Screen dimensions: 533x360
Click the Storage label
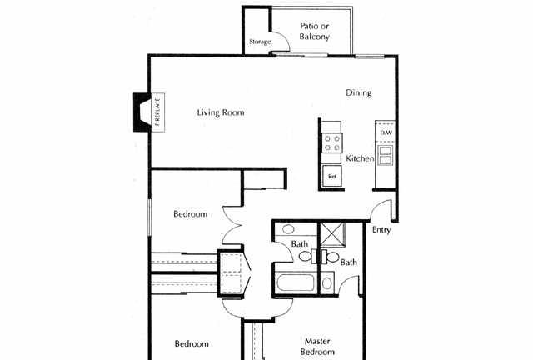tap(260, 42)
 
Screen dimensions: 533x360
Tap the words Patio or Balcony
tap(315, 32)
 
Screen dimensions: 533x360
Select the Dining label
tap(359, 92)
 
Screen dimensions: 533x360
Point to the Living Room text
tap(221, 112)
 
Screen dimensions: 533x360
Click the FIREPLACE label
tap(157, 112)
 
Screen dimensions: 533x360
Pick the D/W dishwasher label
tap(386, 132)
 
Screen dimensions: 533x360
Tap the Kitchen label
tap(360, 158)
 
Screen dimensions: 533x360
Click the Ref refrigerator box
tap(331, 176)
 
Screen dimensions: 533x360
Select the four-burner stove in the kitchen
tap(332, 142)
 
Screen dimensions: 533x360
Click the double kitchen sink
tap(386, 155)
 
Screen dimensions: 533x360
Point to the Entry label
tap(381, 230)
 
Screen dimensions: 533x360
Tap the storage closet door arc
tap(283, 38)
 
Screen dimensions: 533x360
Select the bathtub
tap(295, 282)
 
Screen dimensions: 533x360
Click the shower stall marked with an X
tap(333, 234)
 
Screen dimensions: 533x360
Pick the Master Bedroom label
tap(317, 346)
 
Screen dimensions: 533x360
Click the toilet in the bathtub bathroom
tap(307, 256)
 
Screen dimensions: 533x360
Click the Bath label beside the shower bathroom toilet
tap(349, 262)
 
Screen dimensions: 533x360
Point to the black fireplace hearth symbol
tap(142, 112)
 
